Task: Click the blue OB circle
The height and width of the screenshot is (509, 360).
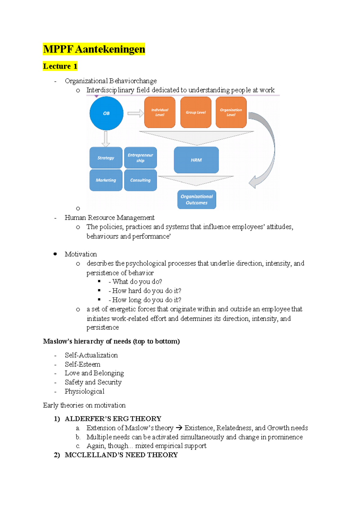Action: click(106, 113)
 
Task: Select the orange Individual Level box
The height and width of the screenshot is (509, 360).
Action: click(160, 112)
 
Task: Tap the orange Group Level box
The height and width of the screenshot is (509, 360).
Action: click(196, 112)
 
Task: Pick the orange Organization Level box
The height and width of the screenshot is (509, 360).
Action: click(231, 112)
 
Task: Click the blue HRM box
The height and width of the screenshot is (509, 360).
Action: click(196, 160)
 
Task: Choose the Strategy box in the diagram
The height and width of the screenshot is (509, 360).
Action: click(106, 158)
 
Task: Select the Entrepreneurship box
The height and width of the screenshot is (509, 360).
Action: click(140, 158)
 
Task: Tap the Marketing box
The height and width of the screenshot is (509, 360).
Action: click(106, 180)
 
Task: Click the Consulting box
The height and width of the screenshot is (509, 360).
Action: click(140, 180)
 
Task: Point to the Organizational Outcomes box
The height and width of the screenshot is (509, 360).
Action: click(196, 200)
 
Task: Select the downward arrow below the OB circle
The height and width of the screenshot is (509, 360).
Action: click(106, 139)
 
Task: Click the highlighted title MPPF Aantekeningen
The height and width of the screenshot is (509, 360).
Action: click(94, 49)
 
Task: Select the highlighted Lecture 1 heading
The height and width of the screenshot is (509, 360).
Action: click(60, 66)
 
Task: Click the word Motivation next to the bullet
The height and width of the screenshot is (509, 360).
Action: click(81, 254)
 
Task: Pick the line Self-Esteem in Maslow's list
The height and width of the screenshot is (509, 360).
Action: click(82, 364)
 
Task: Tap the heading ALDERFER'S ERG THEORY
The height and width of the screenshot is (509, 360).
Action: click(113, 419)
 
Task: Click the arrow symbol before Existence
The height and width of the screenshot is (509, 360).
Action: click(179, 428)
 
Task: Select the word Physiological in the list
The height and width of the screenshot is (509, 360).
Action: click(85, 391)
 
